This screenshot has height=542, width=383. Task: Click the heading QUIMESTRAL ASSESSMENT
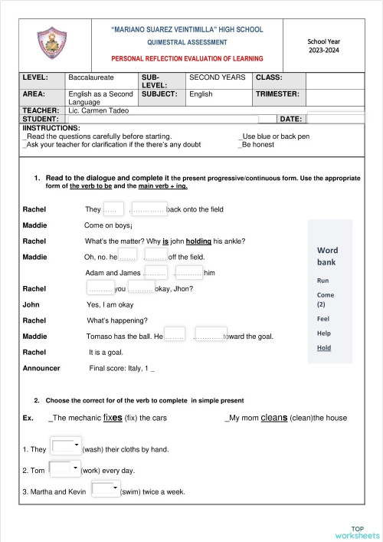187,42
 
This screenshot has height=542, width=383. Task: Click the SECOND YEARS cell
218,78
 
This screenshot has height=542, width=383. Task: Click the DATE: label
291,120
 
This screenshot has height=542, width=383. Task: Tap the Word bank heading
327,257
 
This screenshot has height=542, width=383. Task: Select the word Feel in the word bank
323,318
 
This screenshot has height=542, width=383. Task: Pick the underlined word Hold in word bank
324,348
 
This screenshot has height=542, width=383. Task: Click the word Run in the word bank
322,281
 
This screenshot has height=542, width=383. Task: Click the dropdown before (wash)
66,446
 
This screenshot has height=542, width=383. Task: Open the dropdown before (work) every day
65,468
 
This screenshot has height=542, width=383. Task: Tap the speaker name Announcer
42,369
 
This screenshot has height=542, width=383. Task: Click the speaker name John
31,304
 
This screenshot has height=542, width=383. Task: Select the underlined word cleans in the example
274,418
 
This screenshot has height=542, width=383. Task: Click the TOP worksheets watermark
357,532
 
